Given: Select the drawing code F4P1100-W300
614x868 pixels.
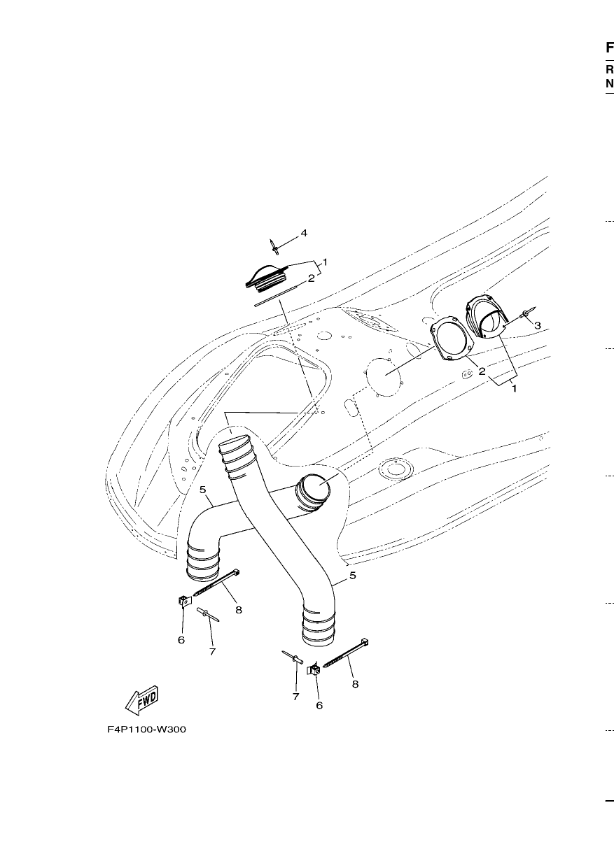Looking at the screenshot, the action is (146, 730).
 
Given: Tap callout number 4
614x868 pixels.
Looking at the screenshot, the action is (304, 233).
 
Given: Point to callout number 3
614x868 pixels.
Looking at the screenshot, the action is (537, 325).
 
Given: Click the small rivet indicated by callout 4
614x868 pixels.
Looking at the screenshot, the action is (274, 247).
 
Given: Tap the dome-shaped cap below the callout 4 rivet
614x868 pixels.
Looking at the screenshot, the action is (265, 278).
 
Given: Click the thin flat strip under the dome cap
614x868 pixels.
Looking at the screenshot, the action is (279, 296).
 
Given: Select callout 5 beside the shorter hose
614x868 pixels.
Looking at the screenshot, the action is (202, 490).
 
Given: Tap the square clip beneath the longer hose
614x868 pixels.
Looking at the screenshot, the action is (314, 669).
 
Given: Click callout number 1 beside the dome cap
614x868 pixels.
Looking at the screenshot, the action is (325, 262).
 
